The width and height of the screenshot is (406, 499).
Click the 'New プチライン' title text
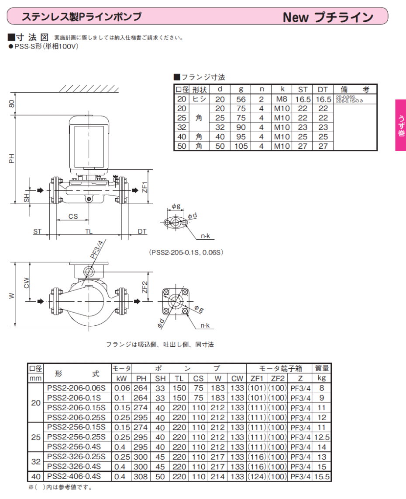tap(328, 17)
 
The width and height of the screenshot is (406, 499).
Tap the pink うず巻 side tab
tap(401, 125)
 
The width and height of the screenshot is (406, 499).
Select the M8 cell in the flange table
tap(282, 99)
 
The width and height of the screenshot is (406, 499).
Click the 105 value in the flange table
tap(241, 146)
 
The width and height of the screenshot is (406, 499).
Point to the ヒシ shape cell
tap(199, 99)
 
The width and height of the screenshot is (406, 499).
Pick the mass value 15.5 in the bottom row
tap(322, 476)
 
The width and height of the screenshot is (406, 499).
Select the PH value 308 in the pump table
tap(141, 476)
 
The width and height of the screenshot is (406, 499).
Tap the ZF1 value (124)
tap(257, 476)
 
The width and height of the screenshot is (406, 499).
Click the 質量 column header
tap(322, 368)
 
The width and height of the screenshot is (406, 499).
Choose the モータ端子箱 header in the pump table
tap(281, 368)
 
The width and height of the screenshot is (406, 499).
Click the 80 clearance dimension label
tap(11, 104)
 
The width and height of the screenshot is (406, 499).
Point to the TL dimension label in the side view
tap(89, 231)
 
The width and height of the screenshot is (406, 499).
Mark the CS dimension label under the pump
tap(73, 216)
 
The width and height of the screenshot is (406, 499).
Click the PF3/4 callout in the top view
tap(96, 250)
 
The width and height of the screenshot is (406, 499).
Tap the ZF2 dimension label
tap(145, 287)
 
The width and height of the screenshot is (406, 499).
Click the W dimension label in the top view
tap(12, 296)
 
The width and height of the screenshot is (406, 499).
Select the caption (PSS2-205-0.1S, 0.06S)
tap(186, 252)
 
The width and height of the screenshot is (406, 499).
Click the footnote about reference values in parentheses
tap(60, 487)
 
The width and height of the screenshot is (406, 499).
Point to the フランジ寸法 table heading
tap(200, 77)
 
